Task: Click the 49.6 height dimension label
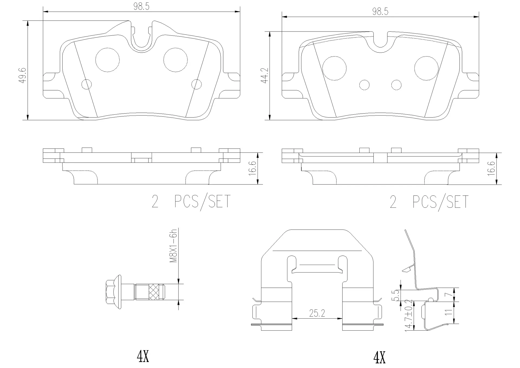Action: coord(23,75)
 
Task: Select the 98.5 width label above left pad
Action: coord(141,7)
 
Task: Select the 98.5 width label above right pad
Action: coord(380,12)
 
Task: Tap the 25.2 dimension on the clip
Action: coord(317,313)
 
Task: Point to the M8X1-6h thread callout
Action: coord(173,246)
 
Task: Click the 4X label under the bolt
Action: coord(143,357)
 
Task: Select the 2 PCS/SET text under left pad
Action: coord(191,201)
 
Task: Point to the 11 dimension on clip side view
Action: coord(449,312)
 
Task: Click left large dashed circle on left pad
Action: coord(108,60)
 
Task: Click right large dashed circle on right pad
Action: coord(426,69)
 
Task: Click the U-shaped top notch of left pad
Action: coord(142,38)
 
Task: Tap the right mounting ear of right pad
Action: coord(470,85)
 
